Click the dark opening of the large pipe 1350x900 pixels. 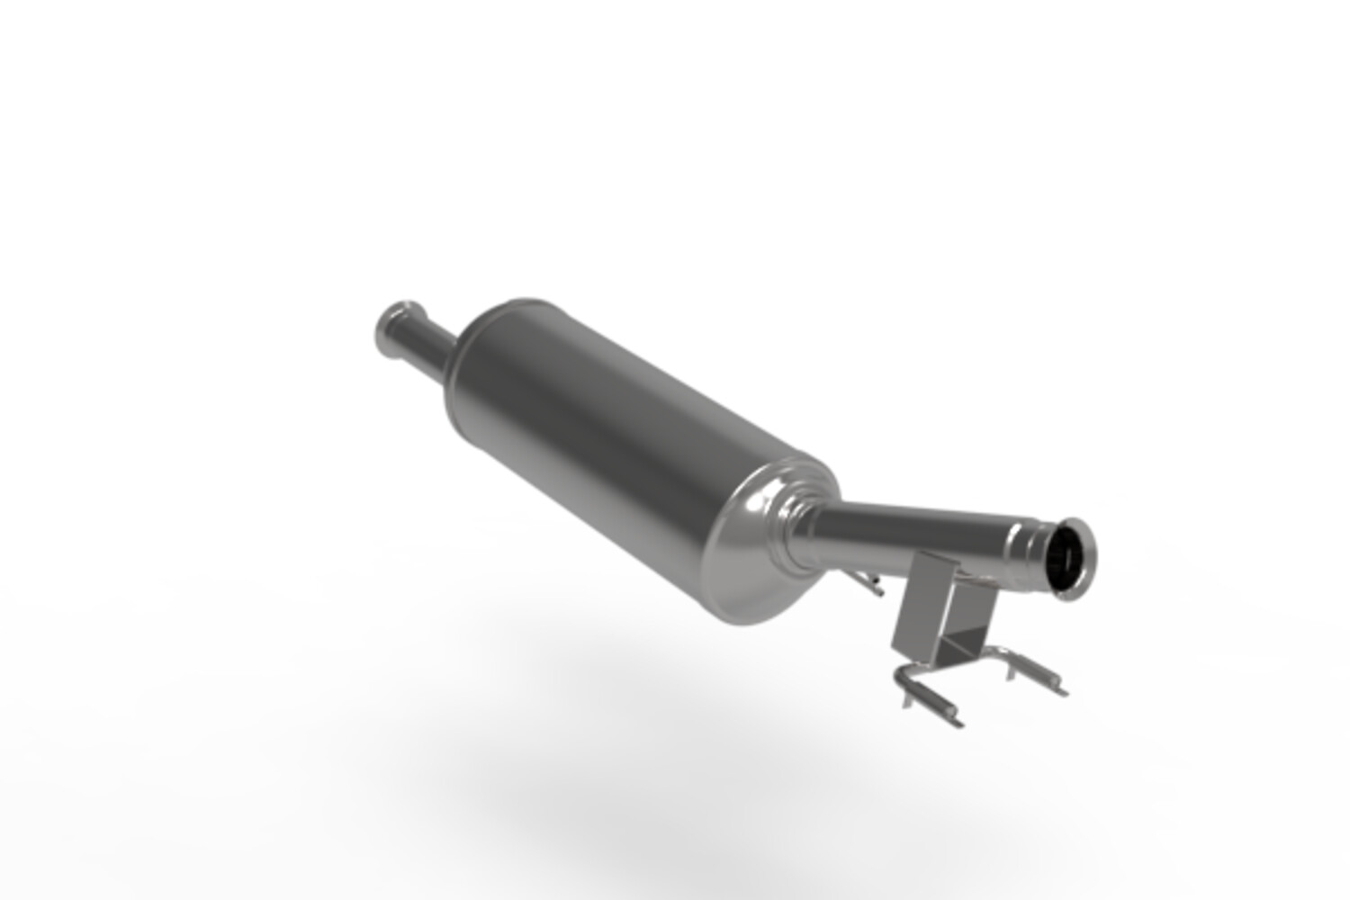point(1069,557)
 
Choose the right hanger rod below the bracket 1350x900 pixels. point(1035,670)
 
